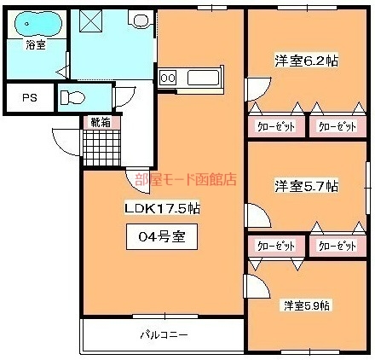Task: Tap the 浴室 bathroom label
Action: pos(35,44)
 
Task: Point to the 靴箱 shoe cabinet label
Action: pos(101,122)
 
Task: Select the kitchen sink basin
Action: pos(204,78)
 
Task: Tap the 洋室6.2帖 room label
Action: pos(306,61)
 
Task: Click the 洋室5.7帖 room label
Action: pos(306,184)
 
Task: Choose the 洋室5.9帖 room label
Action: pos(308,305)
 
